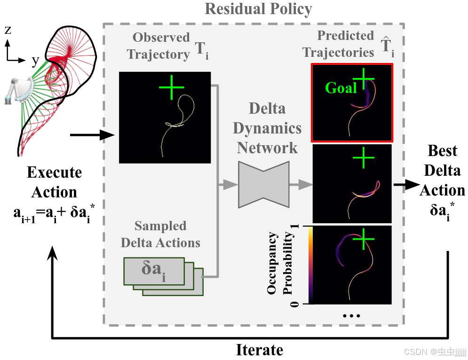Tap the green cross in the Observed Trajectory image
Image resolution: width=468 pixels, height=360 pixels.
172,87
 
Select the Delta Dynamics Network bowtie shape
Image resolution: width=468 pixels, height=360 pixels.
263,184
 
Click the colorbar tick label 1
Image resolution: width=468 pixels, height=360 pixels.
295,227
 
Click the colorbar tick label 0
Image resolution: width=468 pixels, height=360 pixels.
295,304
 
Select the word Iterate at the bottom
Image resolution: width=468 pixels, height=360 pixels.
259,350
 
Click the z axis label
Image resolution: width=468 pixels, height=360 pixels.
8,31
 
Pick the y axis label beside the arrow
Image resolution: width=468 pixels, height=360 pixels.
35,60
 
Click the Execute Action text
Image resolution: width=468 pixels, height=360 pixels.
54,182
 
